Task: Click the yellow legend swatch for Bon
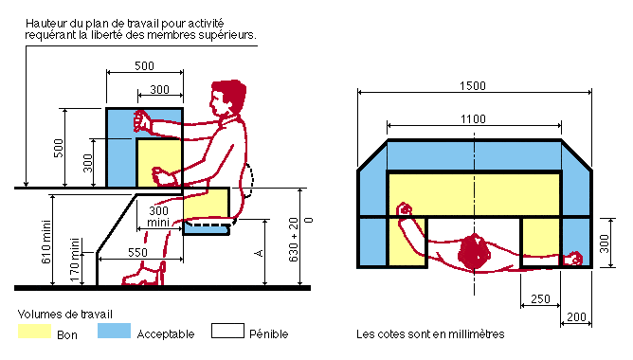click(36, 333)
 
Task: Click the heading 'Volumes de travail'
click(64, 313)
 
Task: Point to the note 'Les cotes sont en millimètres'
click(430, 333)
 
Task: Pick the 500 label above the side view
click(143, 65)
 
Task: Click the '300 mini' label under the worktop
click(158, 216)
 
